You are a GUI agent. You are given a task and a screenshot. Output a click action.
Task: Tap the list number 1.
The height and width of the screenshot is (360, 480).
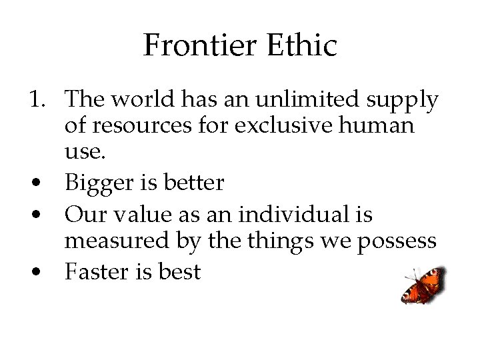[x=37, y=100]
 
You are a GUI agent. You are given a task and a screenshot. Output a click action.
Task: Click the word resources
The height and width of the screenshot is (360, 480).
[x=141, y=125]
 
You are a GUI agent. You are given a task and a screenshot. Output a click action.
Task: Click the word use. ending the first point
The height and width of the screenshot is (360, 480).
[x=85, y=151]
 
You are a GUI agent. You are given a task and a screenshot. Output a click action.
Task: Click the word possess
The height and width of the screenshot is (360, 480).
[x=397, y=241]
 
